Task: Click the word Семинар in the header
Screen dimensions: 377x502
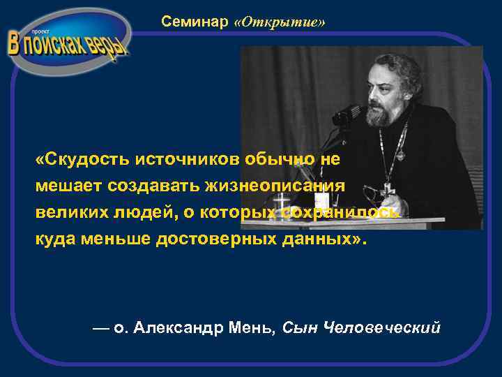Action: coord(195,22)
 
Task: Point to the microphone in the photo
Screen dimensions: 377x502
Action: coord(347,114)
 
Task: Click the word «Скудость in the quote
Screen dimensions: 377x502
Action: coord(83,159)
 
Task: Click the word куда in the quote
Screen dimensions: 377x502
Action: coord(54,239)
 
